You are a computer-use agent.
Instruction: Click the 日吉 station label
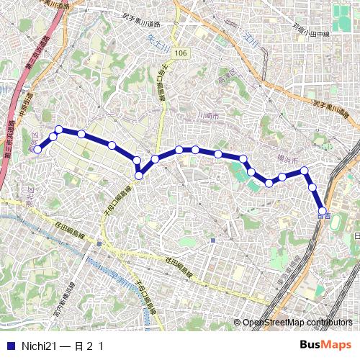324,215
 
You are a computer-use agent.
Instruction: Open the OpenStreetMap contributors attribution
297,323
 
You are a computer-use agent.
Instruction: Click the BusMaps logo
325,345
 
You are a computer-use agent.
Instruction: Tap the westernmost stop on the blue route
38,149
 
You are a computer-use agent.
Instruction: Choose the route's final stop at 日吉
322,211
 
